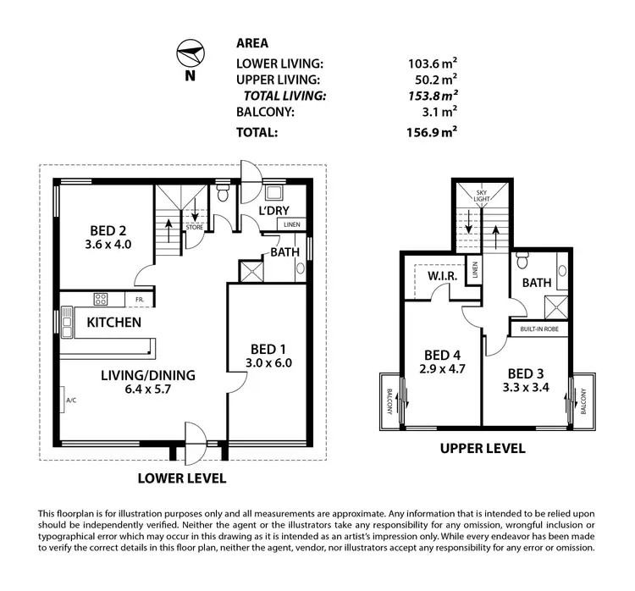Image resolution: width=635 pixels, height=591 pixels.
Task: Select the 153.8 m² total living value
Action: coord(432,96)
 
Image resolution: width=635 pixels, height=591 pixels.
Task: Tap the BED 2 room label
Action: coord(108,230)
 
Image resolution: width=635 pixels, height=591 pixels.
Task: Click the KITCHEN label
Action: coord(113,323)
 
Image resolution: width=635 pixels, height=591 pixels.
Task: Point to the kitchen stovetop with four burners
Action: coord(101,299)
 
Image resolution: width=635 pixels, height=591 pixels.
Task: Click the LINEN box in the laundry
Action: coord(291,224)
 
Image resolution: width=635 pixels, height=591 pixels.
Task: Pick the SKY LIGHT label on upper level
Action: coord(482,197)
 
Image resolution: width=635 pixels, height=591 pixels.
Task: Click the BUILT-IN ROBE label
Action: coord(539,328)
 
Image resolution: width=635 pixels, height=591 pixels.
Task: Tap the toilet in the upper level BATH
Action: coord(522,258)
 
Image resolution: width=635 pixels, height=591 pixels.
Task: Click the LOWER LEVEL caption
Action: coord(182,478)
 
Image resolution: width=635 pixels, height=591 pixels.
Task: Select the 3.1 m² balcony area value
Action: coord(439,111)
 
